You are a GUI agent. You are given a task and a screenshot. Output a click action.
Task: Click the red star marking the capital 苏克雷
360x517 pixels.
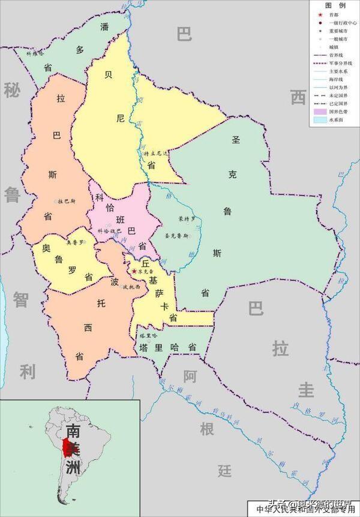(134, 272)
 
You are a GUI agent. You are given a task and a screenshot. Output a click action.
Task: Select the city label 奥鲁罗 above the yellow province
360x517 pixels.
(73, 243)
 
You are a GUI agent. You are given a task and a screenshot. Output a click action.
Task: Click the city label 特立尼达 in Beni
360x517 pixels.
(156, 154)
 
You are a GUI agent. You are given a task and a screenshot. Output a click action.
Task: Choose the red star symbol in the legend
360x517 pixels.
(320, 13)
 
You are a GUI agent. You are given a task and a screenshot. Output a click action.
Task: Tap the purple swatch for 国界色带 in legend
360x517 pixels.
(320, 111)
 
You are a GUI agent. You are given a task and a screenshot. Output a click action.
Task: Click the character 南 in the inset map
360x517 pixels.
(73, 431)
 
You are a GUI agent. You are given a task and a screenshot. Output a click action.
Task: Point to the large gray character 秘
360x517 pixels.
(11, 91)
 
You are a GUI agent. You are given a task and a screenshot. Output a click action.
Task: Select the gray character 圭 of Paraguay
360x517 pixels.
(307, 390)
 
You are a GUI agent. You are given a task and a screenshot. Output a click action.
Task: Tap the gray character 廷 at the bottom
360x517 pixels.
(225, 470)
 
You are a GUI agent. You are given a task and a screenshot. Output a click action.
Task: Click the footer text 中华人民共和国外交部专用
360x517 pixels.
(305, 510)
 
